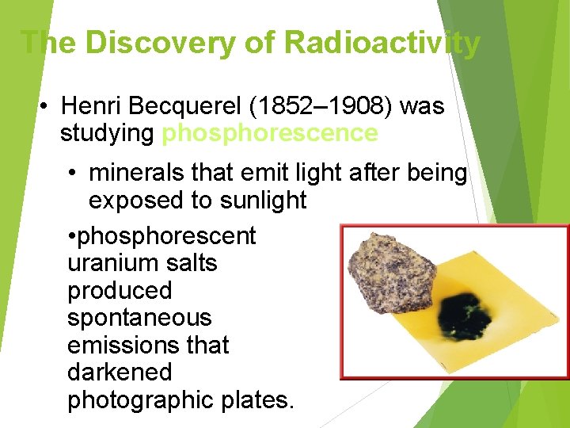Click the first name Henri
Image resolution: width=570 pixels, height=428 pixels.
[x=94, y=105]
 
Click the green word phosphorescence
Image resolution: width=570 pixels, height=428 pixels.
[x=269, y=133]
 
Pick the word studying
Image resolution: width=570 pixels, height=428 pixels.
[x=107, y=133]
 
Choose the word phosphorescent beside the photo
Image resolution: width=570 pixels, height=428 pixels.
[x=166, y=236]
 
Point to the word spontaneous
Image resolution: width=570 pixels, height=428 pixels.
[x=139, y=318]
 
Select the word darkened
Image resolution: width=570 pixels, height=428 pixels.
[x=120, y=373]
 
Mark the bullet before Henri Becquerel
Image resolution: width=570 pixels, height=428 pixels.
[x=47, y=106]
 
